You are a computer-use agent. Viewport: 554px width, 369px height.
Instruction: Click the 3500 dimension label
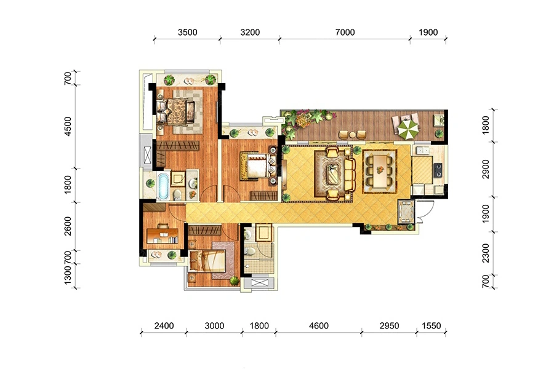pyautogui.click(x=187, y=33)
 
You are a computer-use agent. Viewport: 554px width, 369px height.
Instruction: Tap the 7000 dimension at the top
pyautogui.click(x=345, y=33)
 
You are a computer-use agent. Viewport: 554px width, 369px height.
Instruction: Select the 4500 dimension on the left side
pyautogui.click(x=68, y=126)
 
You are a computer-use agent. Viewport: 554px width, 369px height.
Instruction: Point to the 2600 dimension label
pyautogui.click(x=68, y=226)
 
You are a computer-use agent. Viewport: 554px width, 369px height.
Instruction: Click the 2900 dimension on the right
pyautogui.click(x=486, y=169)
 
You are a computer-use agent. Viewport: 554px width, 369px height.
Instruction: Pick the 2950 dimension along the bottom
pyautogui.click(x=389, y=325)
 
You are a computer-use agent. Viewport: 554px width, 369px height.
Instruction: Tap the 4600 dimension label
pyautogui.click(x=319, y=325)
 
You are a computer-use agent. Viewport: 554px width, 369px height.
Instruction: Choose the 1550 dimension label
pyautogui.click(x=431, y=325)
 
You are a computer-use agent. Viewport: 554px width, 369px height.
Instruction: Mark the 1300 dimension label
pyautogui.click(x=68, y=276)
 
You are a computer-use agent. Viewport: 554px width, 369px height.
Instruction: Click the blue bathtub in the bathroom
pyautogui.click(x=163, y=186)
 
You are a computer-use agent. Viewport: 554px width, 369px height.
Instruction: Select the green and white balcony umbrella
pyautogui.click(x=409, y=129)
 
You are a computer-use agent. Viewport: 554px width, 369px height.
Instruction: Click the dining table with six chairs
pyautogui.click(x=379, y=171)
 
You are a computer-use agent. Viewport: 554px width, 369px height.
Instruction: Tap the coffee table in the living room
pyautogui.click(x=332, y=173)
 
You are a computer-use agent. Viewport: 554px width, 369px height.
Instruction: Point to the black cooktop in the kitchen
pyautogui.click(x=438, y=170)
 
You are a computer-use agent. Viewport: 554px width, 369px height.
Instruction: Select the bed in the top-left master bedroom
pyautogui.click(x=176, y=111)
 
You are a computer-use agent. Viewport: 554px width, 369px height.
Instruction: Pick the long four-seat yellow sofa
pyautogui.click(x=349, y=173)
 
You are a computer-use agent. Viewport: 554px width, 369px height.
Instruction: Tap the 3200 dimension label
pyautogui.click(x=250, y=33)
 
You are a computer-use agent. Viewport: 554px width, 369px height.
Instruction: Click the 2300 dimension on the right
pyautogui.click(x=486, y=253)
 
